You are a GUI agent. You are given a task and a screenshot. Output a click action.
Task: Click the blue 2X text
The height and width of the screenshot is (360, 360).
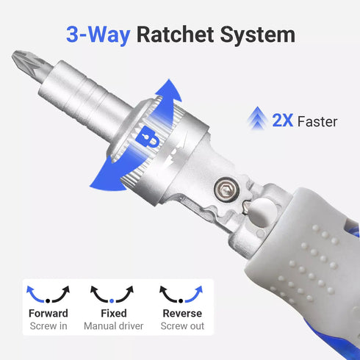(283, 120)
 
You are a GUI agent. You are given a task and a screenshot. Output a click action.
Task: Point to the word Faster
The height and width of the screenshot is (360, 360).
(318, 121)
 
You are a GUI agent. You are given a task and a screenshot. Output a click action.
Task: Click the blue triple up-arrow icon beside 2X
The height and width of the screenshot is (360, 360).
(258, 118)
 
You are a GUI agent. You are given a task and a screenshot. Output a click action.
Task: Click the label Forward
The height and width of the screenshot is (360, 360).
(48, 314)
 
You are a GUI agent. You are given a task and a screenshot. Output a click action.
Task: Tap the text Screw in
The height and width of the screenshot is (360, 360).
(48, 326)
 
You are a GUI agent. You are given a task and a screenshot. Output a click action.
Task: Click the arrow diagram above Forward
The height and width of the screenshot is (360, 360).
(48, 295)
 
